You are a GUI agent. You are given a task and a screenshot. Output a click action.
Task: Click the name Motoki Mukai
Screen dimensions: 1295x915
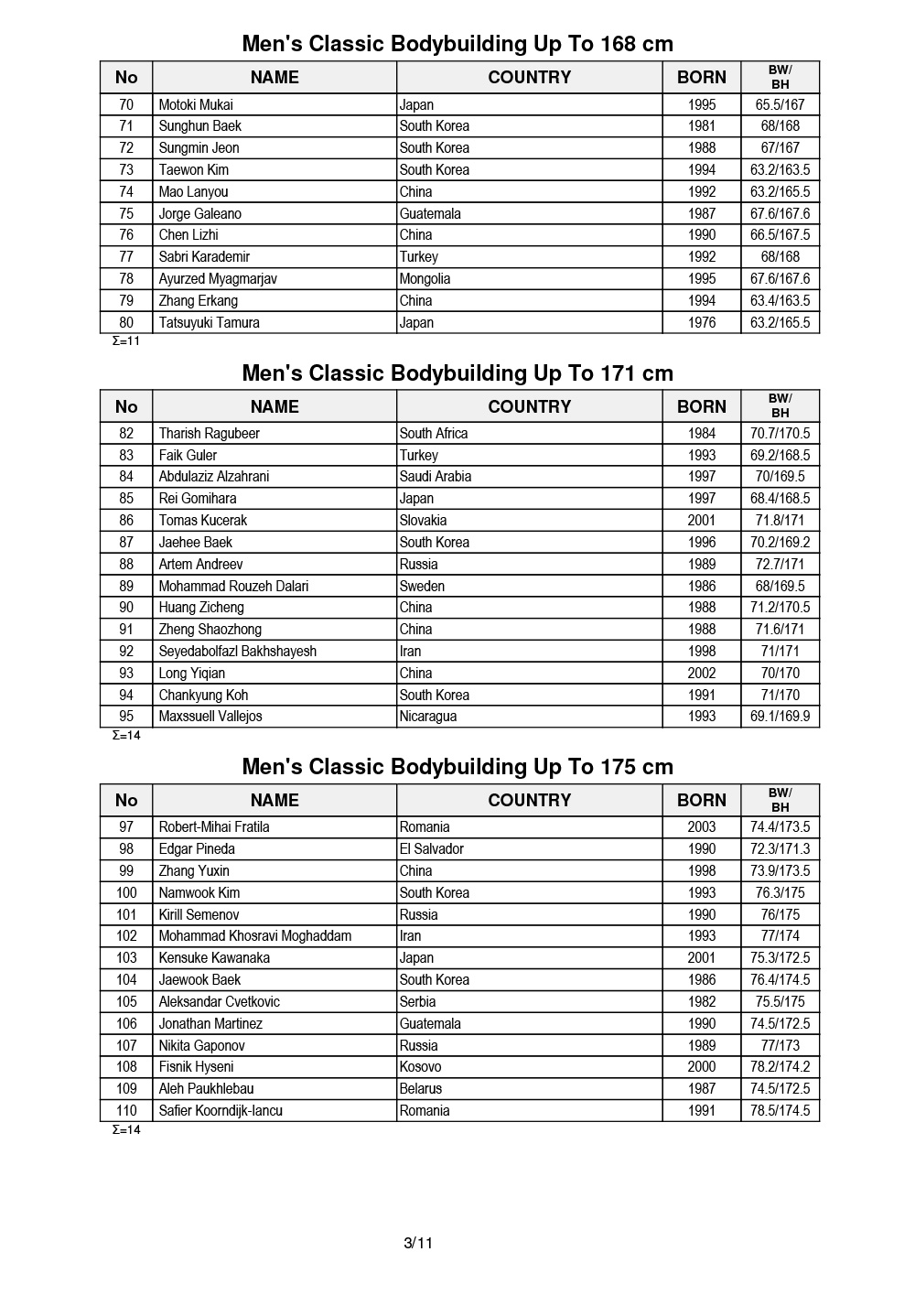coord(196,104)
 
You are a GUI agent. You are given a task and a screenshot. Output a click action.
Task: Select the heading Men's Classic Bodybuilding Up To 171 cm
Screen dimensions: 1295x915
coord(457,373)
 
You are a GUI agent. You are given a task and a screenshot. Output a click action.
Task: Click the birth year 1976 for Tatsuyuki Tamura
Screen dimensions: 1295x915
coord(702,322)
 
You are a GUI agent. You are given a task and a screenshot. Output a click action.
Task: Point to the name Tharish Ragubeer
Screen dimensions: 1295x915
coord(209,433)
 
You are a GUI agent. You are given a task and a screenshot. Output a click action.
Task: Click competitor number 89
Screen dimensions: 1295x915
coord(126,586)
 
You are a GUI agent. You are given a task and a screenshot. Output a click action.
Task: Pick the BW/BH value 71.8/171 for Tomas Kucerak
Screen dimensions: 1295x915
coord(780,520)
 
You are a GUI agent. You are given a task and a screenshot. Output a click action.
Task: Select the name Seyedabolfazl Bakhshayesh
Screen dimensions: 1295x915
coord(237,651)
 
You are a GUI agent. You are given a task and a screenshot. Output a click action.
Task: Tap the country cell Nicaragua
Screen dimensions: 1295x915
coord(427,716)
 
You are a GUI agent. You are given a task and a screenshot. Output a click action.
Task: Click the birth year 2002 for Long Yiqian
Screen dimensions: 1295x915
coord(702,673)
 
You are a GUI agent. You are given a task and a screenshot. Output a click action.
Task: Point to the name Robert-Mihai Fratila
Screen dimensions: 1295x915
coord(213,826)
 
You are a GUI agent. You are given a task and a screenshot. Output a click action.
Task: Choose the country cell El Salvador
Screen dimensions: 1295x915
coord(431,848)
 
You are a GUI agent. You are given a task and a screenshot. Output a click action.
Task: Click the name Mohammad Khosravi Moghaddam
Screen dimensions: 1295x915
coord(254,935)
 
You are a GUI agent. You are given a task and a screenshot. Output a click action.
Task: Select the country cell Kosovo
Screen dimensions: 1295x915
coord(420,1066)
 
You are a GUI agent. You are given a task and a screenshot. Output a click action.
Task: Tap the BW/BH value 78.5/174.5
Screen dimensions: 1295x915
coord(780,1110)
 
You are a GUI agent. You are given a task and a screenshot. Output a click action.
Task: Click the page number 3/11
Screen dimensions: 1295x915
coord(418,1243)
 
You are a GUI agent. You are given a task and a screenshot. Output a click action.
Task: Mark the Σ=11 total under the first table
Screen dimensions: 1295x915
coord(126,341)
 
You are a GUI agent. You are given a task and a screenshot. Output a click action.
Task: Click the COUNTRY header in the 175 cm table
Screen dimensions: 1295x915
coord(529,800)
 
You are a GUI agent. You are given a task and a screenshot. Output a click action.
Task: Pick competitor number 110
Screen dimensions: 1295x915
coord(126,1110)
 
